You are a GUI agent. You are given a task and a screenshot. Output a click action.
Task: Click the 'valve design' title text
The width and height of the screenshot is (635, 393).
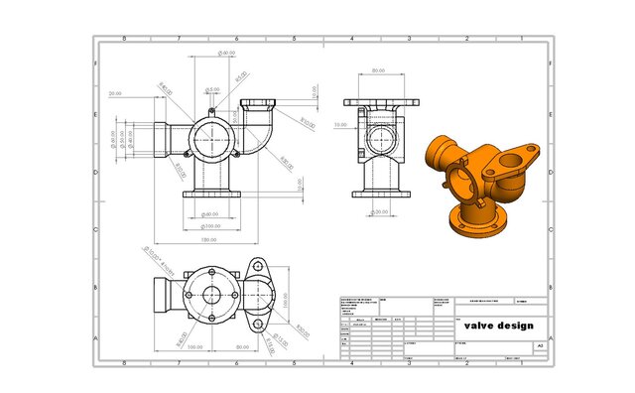[x=498, y=326]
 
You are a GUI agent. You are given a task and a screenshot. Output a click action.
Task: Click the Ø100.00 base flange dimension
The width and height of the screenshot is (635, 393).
[x=210, y=226]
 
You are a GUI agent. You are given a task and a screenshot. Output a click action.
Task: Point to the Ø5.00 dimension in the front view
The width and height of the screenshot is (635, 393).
[x=212, y=88]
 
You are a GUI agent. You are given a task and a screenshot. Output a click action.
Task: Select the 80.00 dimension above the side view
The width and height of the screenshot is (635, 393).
[x=378, y=71]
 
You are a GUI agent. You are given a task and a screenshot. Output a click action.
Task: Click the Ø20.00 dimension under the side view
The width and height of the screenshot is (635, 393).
[x=379, y=211]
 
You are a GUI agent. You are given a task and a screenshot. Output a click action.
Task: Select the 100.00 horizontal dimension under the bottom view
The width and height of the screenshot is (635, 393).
[x=194, y=347]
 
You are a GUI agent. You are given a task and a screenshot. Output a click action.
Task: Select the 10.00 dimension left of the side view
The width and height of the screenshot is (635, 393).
[x=340, y=125]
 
